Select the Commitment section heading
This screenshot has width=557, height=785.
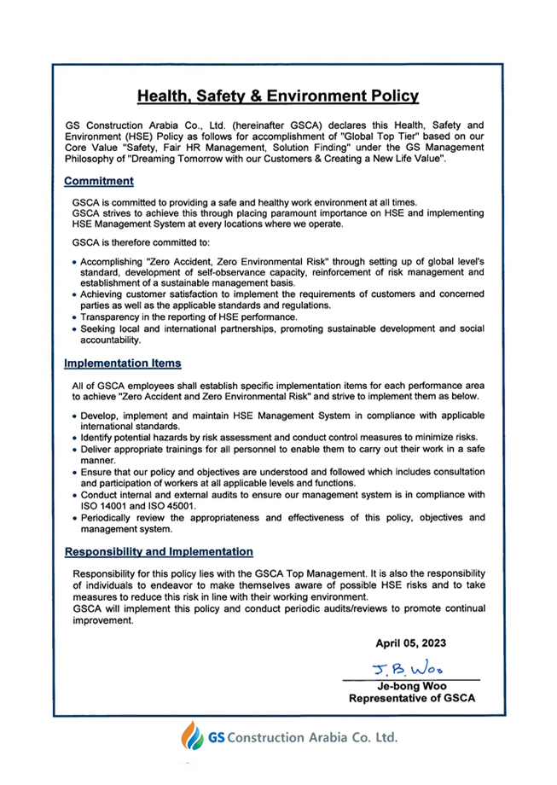pyautogui.click(x=99, y=181)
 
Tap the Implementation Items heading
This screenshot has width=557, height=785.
pyautogui.click(x=123, y=363)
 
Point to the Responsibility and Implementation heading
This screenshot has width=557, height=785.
pyautogui.click(x=159, y=552)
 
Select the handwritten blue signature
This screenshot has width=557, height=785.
pyautogui.click(x=408, y=667)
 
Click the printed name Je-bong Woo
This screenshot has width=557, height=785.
pyautogui.click(x=411, y=686)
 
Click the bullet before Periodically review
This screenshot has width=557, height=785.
pyautogui.click(x=75, y=517)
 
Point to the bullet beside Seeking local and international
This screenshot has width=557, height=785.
pyautogui.click(x=75, y=329)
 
